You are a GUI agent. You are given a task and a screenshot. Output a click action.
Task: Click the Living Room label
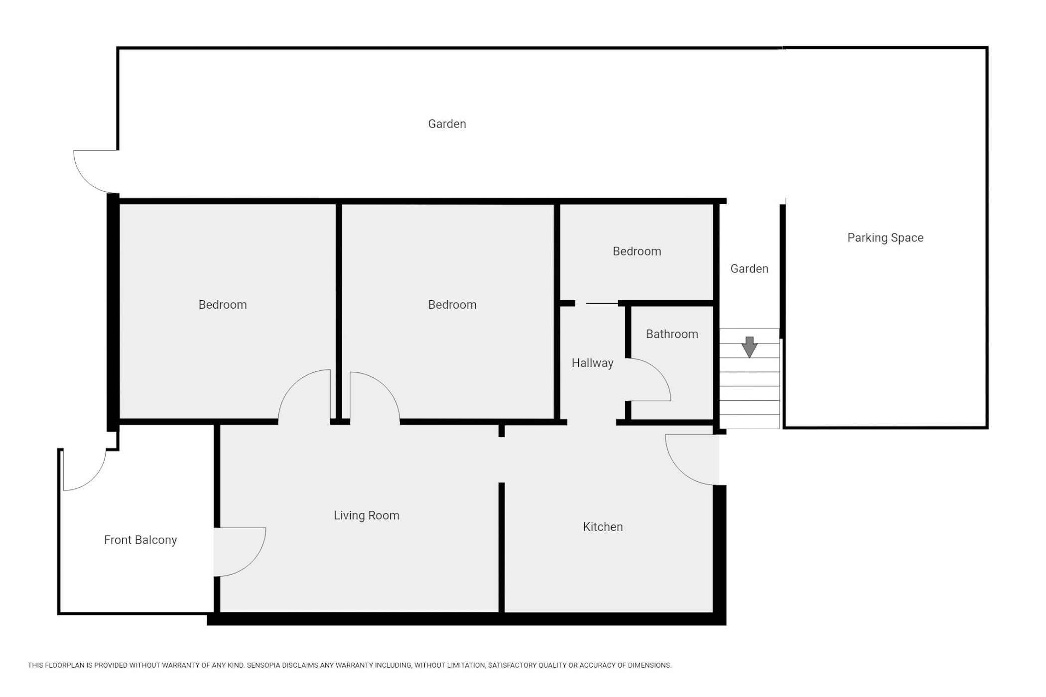tap(367, 515)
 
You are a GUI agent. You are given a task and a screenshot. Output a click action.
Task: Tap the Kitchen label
tap(603, 527)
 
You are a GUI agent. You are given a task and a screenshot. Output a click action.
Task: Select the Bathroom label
tap(672, 334)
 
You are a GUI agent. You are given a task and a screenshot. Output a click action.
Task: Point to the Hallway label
tap(592, 363)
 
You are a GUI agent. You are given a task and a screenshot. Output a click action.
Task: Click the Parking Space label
tap(885, 238)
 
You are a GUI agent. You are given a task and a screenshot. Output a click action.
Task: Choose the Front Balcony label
tap(140, 540)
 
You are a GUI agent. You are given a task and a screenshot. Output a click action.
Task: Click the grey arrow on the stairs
tap(749, 347)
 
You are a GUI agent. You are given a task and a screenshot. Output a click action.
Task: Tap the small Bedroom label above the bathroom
tap(637, 251)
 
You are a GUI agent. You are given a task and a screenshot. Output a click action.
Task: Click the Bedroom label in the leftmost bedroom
tap(223, 305)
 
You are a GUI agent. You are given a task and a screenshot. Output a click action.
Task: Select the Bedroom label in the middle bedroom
tap(452, 305)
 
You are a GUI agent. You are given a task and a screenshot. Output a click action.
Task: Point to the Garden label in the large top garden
tap(447, 124)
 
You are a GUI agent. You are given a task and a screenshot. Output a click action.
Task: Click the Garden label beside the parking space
tap(749, 269)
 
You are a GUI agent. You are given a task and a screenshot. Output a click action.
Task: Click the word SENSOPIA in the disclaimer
tap(267, 665)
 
